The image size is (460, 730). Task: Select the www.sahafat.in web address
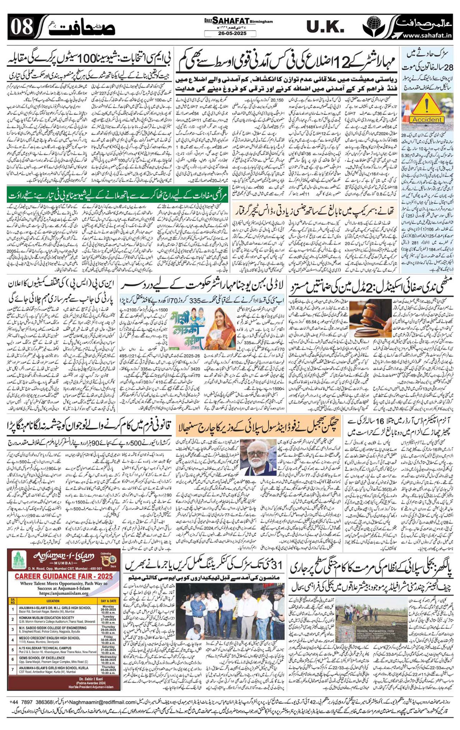click(426, 35)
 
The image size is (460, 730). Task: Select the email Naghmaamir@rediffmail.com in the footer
click(96, 702)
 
